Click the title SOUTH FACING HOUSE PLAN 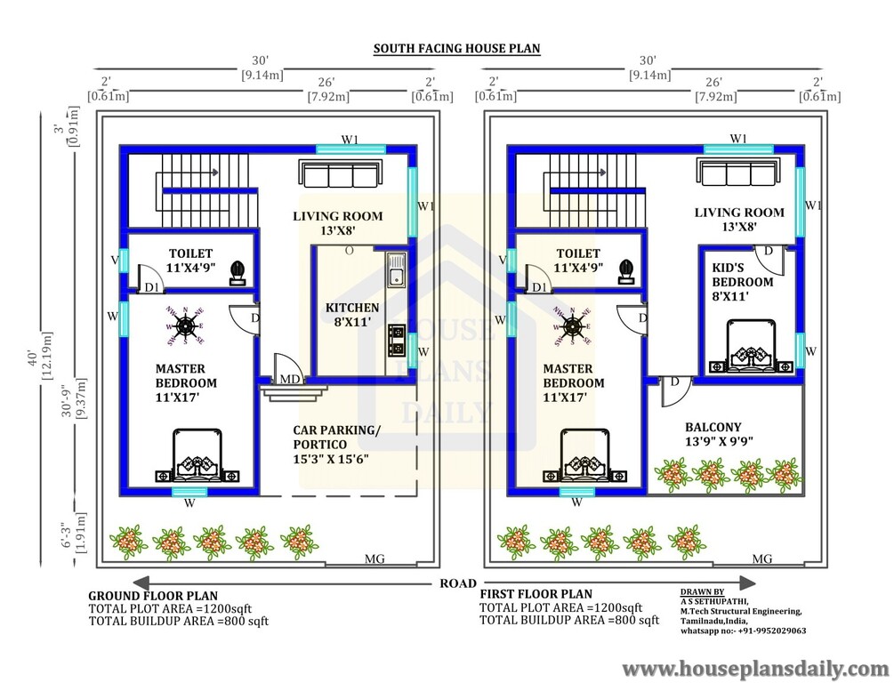coord(456,48)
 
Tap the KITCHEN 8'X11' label coord(352,316)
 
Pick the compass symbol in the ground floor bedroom coord(186,325)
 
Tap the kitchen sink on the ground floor coord(396,269)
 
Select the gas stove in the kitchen coord(397,338)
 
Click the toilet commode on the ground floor coord(238,271)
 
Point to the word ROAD coord(458,583)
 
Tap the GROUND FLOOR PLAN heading coord(153,596)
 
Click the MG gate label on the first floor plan coord(762,559)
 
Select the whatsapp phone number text coord(744,631)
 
